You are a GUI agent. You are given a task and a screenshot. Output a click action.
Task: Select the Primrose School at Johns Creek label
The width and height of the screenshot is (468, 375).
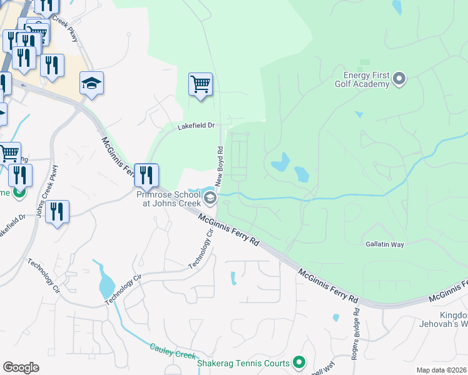pos(168,199)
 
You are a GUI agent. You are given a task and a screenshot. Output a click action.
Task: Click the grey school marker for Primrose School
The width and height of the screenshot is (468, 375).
pos(211,199)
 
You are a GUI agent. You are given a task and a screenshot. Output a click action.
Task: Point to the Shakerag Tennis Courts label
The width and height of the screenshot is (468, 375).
pos(243,363)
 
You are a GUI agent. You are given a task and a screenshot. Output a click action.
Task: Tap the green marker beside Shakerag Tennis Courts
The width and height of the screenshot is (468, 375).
pos(299,362)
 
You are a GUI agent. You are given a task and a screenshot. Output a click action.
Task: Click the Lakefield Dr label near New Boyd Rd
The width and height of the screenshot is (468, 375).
pos(195,126)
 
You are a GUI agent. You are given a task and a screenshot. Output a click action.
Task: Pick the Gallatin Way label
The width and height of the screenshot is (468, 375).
pos(384,244)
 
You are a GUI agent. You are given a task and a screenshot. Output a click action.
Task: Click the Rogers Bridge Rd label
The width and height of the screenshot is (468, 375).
pos(356,324)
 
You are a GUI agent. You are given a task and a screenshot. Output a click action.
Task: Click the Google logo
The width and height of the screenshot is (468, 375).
pos(21,367)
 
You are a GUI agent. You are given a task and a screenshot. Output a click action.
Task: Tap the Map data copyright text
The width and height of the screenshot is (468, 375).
pos(440,370)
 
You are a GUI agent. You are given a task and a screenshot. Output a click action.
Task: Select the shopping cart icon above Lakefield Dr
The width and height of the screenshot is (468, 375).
pos(200,84)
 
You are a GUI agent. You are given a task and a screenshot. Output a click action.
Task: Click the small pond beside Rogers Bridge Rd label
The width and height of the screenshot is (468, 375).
pos(336,317)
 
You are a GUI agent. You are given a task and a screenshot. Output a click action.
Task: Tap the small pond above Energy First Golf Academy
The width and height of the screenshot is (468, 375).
pos(397,7)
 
